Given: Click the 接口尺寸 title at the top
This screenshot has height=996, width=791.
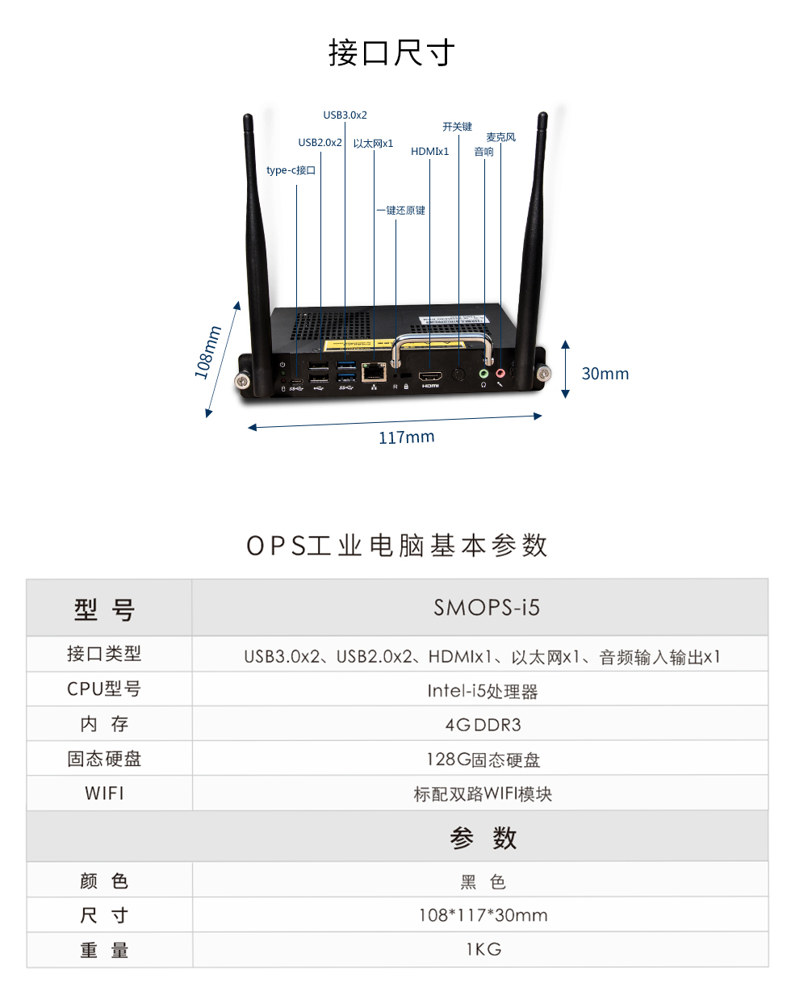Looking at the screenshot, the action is click(391, 52).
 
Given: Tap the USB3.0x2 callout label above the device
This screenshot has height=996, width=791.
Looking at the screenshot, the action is click(345, 115).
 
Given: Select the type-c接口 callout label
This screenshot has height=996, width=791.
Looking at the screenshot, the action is click(291, 170).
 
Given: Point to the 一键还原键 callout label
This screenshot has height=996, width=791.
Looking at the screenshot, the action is click(400, 211).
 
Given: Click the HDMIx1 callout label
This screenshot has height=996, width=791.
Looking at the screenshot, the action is click(429, 152).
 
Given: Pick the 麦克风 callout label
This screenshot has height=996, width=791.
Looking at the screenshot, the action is click(500, 137).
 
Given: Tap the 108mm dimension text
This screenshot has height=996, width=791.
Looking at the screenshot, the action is click(207, 352).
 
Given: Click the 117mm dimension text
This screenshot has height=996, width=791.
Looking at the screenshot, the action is click(406, 437).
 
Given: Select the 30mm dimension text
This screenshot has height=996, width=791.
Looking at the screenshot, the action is click(605, 374).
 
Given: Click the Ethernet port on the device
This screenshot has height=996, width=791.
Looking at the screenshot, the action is click(374, 371).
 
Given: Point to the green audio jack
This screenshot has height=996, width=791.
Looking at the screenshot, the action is click(483, 374).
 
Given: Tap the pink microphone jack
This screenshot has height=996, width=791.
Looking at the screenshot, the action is click(500, 373).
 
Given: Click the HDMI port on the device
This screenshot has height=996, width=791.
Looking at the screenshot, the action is click(430, 376).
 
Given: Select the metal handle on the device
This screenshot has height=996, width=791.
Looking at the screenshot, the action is click(442, 339).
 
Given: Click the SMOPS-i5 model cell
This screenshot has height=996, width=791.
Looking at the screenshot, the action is click(487, 608).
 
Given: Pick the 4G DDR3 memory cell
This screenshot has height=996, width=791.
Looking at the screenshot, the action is click(483, 725).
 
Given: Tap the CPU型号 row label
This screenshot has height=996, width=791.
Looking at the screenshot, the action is click(104, 689).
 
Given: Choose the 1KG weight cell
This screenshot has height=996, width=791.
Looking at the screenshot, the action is click(483, 949).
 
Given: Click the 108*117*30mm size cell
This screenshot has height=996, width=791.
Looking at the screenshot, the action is click(483, 915).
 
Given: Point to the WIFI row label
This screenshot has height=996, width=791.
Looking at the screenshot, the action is click(105, 793).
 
